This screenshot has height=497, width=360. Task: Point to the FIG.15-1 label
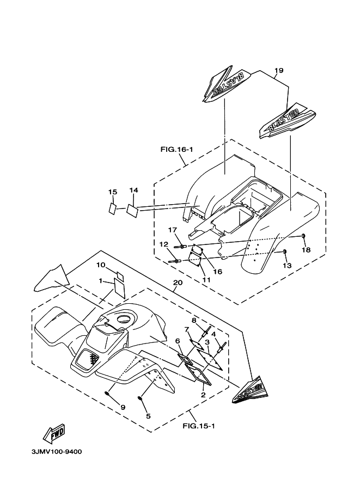(199, 426)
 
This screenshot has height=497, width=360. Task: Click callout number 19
(279, 70)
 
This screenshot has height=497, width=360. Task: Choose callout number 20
(176, 283)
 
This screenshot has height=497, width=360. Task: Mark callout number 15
(113, 192)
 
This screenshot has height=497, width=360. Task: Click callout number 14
(134, 190)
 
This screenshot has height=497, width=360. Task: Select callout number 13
(287, 265)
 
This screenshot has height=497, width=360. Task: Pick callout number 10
(101, 265)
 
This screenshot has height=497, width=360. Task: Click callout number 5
(148, 416)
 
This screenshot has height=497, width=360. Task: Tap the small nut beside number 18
(303, 235)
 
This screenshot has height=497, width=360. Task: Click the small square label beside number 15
(112, 208)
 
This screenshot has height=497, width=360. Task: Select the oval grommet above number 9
(108, 393)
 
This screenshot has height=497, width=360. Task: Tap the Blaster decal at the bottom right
(251, 389)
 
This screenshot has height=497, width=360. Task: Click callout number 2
(203, 395)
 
